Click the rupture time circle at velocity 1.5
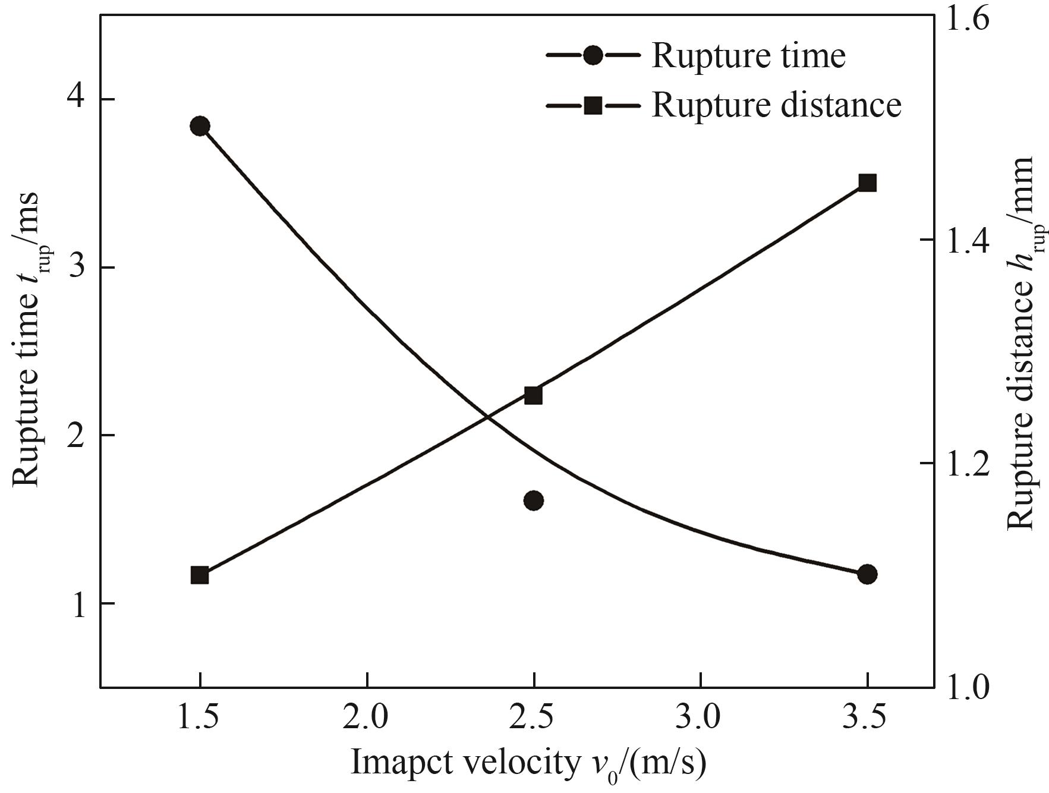[x=200, y=126]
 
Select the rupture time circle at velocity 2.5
[x=534, y=501]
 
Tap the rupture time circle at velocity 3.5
[x=867, y=574]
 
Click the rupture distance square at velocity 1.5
[x=200, y=575]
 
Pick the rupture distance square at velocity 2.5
[x=534, y=395]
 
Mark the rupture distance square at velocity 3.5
[x=867, y=183]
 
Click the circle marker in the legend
[x=593, y=56]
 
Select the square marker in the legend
[x=593, y=106]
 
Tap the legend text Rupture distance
[x=776, y=106]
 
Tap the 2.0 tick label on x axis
[x=368, y=718]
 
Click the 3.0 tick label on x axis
[x=701, y=718]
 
